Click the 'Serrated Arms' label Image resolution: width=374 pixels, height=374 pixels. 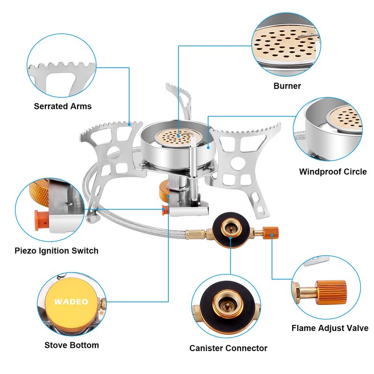tap(63, 106)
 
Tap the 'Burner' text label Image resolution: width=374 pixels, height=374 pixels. tap(287, 86)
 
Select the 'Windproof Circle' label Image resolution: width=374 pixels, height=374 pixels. tap(333, 172)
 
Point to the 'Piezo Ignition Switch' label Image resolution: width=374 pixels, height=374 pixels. tap(56, 251)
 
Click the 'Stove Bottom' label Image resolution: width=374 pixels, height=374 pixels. tap(72, 345)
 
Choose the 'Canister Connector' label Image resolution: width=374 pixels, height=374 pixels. tap(228, 348)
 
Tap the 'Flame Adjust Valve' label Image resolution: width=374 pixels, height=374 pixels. tap(330, 328)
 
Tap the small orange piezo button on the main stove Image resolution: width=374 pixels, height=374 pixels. tap(164, 210)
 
